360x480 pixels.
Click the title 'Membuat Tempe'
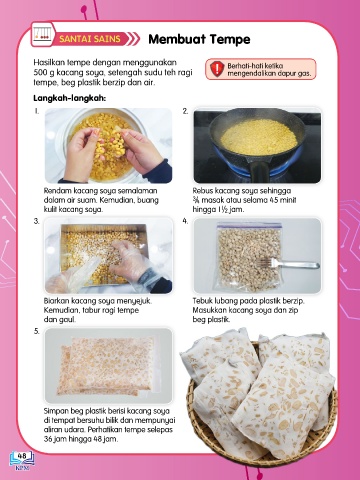pos(199,39)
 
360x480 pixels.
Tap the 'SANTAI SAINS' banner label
pos(90,39)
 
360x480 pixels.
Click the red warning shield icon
pos(217,69)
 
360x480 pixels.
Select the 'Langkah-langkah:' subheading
pos(69,99)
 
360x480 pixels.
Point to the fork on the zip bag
pos(289,264)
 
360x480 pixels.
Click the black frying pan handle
pos(260,171)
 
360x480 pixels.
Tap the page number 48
pos(22,455)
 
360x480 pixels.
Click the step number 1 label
pos(37,111)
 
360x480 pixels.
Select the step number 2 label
pos(185,111)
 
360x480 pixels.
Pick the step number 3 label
pos(37,221)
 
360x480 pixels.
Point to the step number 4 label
pos(185,221)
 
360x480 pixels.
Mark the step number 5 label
pos(37,331)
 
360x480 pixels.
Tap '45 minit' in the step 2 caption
pos(282,200)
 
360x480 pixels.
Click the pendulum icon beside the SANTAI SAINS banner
pos(42,34)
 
